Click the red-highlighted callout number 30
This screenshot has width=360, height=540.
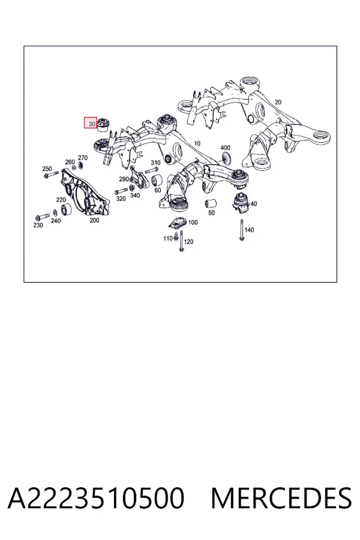click(91, 123)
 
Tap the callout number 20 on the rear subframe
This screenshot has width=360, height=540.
click(278, 102)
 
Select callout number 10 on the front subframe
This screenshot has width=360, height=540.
click(197, 143)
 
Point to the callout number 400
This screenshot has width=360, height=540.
click(225, 148)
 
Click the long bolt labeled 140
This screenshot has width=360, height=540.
click(242, 229)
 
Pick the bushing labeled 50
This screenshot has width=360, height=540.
click(210, 204)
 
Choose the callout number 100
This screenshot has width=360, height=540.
click(193, 222)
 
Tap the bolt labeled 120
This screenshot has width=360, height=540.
click(181, 241)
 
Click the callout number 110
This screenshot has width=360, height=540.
click(168, 238)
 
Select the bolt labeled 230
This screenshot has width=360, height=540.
click(43, 217)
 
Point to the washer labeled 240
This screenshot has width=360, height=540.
click(55, 213)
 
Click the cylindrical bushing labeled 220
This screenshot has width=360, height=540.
click(66, 209)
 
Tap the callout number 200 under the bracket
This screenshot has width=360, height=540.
click(94, 220)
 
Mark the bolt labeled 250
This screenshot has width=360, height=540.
click(51, 175)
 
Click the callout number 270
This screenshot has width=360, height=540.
click(83, 158)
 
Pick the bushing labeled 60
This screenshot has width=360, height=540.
click(157, 180)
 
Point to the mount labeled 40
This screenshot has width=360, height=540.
click(241, 203)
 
